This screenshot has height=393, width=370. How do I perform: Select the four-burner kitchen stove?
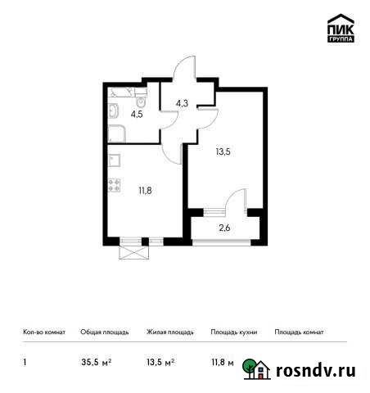tap(115, 186)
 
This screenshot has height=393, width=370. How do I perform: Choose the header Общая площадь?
tap(103, 333)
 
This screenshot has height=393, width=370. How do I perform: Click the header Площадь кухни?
tap(233, 333)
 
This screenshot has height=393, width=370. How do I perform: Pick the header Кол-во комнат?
tap(43, 333)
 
